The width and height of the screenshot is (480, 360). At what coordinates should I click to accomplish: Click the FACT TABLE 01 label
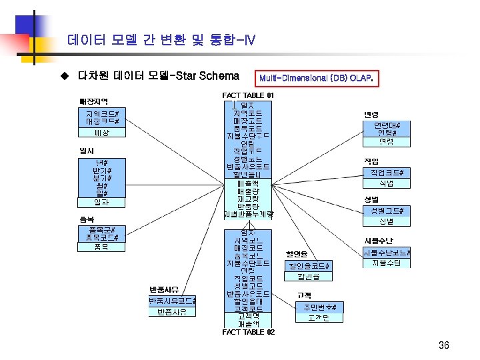(247, 96)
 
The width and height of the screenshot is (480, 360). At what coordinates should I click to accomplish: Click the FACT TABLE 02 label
(248, 331)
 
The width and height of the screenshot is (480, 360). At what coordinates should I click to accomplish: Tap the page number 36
(444, 345)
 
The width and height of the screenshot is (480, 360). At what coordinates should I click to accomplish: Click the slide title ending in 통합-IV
(161, 41)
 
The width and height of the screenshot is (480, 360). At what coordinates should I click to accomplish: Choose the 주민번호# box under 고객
(321, 307)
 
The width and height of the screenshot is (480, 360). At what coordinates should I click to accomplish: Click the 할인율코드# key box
(309, 265)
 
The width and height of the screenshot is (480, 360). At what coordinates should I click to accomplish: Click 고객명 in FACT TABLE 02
(247, 316)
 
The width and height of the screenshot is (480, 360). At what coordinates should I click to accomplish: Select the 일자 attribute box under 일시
(101, 201)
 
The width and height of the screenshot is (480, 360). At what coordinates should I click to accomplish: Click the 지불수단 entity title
(378, 241)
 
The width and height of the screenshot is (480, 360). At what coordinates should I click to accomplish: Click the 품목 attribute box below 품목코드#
(101, 246)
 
